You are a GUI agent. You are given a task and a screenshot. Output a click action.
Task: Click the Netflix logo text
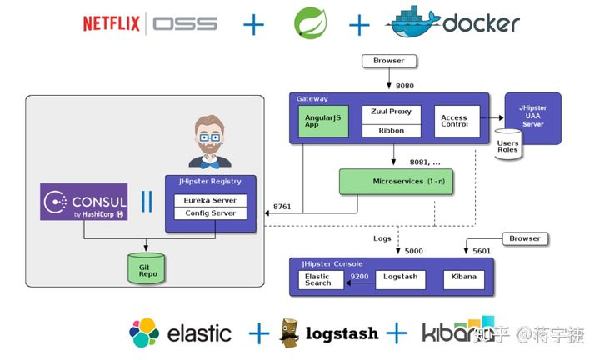(x=112, y=23)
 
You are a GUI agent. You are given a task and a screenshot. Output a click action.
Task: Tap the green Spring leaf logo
(x=310, y=23)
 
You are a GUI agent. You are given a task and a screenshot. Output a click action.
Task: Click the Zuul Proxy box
(x=392, y=112)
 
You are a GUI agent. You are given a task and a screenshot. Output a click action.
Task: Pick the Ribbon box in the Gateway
(x=392, y=130)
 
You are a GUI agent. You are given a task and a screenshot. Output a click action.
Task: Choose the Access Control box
(x=454, y=121)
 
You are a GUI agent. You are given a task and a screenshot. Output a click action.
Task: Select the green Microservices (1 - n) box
(x=396, y=181)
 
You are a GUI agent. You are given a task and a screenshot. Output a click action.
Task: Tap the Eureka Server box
(x=210, y=200)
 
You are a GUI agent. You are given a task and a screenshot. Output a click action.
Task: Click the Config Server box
(x=210, y=213)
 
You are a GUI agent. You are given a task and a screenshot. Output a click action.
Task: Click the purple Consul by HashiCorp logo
(x=84, y=202)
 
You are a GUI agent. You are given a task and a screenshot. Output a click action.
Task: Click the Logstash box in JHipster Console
(x=401, y=276)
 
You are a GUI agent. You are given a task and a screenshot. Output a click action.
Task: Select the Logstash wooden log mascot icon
(x=291, y=332)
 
